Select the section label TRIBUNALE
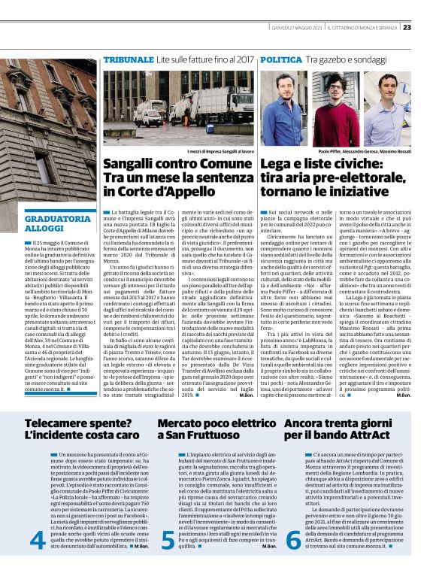(129, 59)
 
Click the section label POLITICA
(282, 59)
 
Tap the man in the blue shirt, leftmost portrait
(289, 113)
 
